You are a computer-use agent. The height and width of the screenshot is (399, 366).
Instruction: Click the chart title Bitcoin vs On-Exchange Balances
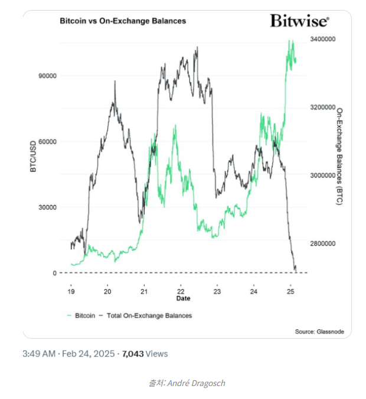(x=123, y=21)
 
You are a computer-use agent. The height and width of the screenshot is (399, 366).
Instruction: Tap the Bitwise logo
(x=299, y=21)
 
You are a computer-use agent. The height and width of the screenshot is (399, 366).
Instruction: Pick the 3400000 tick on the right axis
(x=322, y=39)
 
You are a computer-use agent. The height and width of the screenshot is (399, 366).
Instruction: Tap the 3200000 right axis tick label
(x=322, y=107)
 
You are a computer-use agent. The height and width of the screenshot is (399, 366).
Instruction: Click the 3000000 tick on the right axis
(x=322, y=176)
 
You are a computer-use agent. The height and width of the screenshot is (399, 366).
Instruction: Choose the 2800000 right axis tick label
(x=322, y=243)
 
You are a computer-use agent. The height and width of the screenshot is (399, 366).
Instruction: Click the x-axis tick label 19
(x=71, y=292)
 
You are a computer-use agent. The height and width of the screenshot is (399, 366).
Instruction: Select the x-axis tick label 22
(x=181, y=292)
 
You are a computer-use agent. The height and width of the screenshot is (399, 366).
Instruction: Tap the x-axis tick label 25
(x=290, y=292)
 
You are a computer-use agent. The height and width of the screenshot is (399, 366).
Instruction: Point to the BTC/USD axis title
(x=34, y=156)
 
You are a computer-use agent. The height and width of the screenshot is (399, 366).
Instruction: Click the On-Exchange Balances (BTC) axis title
(x=340, y=156)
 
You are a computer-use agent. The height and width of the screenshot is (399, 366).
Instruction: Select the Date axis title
(x=182, y=299)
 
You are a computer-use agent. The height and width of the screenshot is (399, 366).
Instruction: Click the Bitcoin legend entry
(x=81, y=315)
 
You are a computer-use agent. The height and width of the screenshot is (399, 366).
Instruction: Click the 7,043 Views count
(x=145, y=354)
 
